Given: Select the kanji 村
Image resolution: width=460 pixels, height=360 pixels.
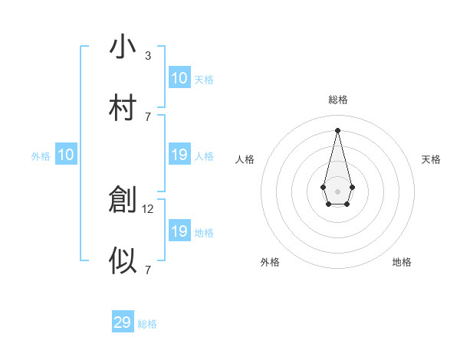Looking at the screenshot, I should click(x=123, y=108).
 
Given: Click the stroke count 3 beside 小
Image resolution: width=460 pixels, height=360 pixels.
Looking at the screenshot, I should click(x=147, y=55).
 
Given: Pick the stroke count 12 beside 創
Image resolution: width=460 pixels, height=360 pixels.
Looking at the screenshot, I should click(x=149, y=208).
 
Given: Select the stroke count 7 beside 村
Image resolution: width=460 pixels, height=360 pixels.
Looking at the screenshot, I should click(x=147, y=116).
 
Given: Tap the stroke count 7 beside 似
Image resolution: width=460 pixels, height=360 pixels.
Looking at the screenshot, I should click(x=147, y=270).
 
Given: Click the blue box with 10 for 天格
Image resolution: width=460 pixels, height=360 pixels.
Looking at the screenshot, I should click(x=179, y=78).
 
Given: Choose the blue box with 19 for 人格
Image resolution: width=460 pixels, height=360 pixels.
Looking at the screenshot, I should click(x=179, y=155).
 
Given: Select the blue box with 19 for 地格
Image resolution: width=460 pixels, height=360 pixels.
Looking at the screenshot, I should click(x=179, y=231).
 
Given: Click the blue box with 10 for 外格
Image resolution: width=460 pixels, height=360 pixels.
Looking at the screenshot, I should click(x=66, y=155).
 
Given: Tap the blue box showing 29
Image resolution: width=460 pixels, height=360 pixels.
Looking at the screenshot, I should click(x=123, y=322).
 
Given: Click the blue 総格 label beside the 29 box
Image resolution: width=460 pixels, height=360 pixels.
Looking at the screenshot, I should click(x=147, y=324).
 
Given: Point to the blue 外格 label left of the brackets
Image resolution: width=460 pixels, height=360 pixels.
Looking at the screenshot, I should click(x=41, y=156).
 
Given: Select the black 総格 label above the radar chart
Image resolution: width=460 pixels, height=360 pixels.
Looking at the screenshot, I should click(x=337, y=100).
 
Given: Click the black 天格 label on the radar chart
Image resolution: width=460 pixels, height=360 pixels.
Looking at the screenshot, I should click(x=431, y=159).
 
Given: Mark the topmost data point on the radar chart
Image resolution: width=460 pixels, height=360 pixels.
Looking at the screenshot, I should click(x=337, y=129).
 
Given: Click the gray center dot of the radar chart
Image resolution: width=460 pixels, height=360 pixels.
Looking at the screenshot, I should click(x=337, y=191).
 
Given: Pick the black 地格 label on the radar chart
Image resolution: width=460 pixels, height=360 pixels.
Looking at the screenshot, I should click(x=402, y=262).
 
